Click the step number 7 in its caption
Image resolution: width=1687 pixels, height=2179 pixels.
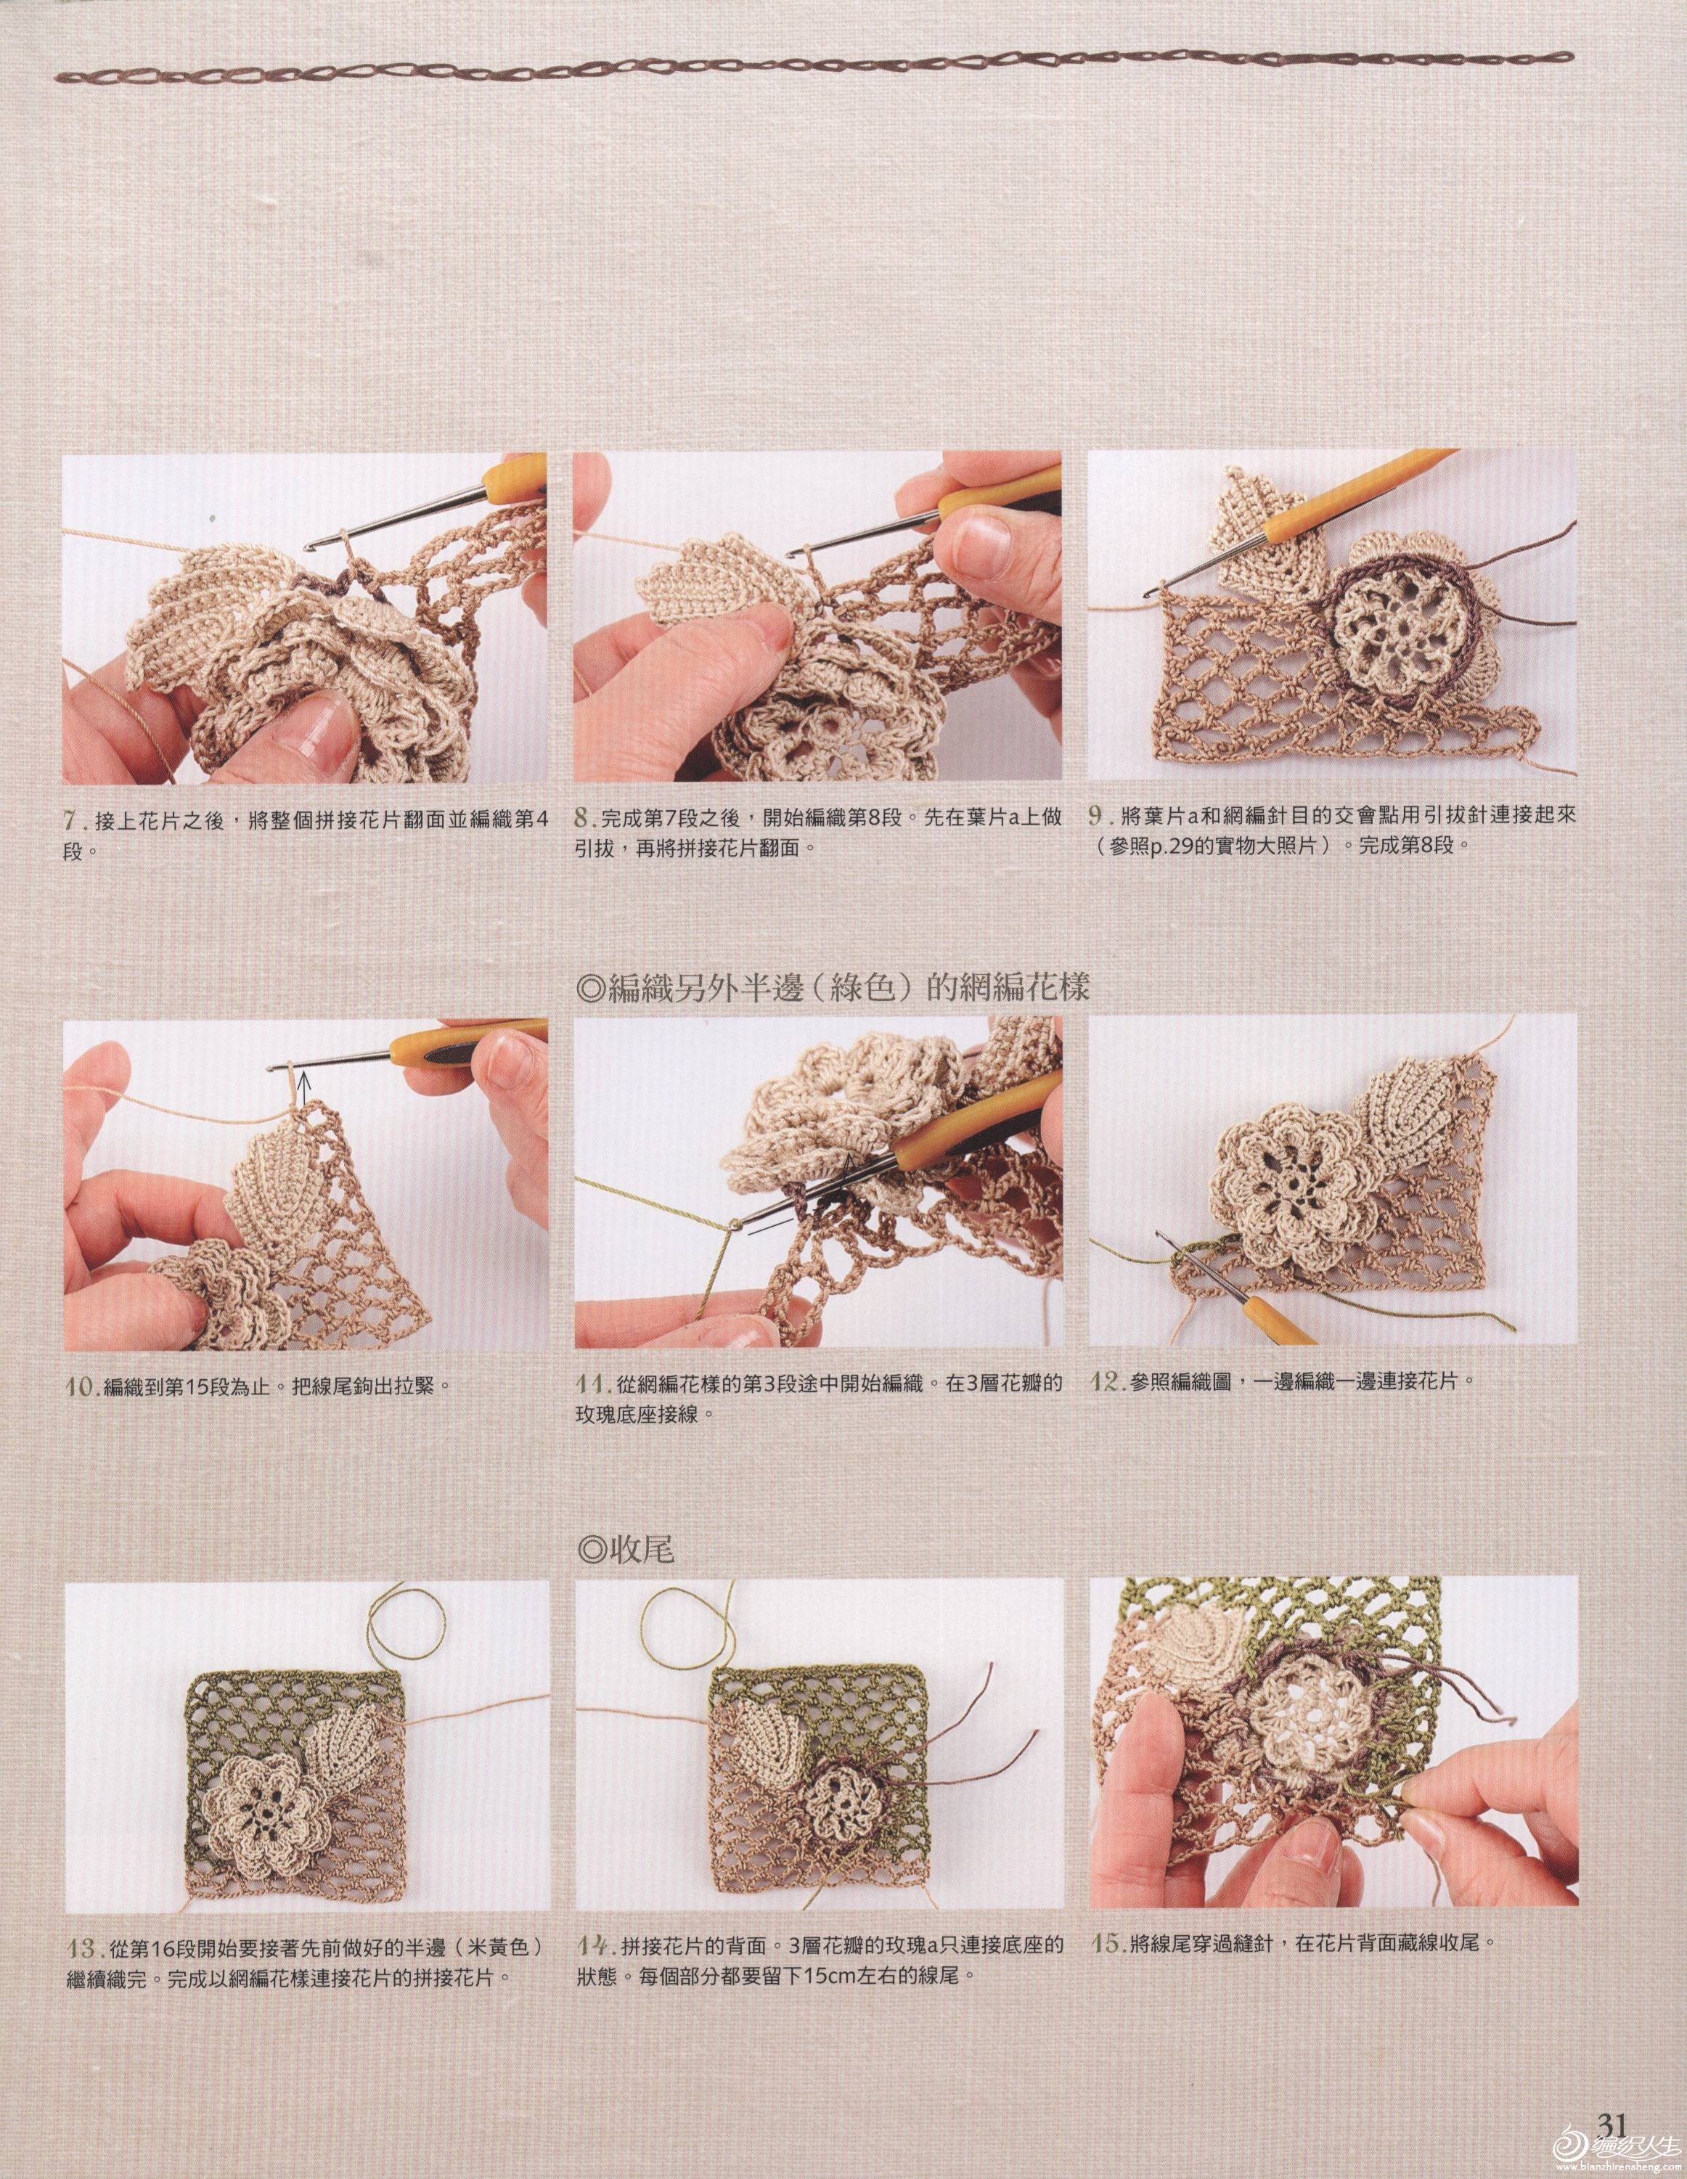[x=72, y=818]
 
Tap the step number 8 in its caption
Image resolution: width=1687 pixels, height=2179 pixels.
[x=584, y=818]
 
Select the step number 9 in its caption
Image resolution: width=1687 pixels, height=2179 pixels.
[x=1098, y=815]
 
